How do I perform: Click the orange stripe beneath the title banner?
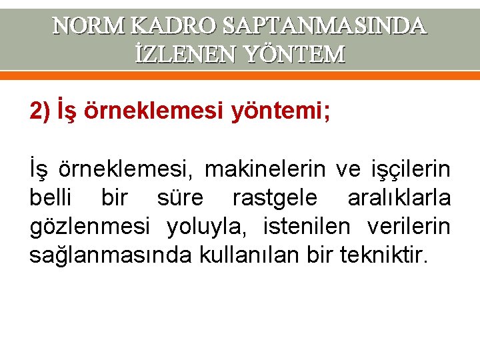240,76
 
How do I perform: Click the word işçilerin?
411,171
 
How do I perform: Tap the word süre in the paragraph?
180,199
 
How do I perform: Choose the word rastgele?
275,199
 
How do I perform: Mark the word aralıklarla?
399,199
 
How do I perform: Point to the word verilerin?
409,227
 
